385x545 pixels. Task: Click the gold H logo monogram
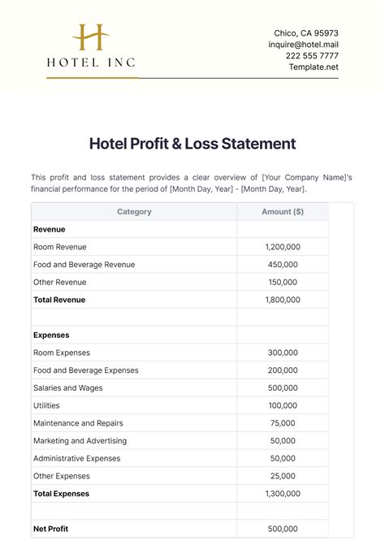click(x=91, y=38)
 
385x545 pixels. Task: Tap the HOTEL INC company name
click(x=91, y=61)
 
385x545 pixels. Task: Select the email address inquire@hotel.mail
click(x=303, y=45)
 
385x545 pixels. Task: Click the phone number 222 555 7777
click(x=312, y=56)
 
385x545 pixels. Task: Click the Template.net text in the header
click(x=314, y=67)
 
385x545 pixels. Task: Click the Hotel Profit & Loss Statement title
click(x=192, y=144)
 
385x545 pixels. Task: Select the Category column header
click(x=134, y=212)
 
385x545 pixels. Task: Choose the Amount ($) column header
click(x=283, y=212)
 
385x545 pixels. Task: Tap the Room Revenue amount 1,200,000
click(x=283, y=247)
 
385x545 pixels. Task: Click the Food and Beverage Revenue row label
click(x=84, y=265)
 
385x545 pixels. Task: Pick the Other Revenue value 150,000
click(x=283, y=282)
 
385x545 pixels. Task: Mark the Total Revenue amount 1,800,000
click(x=283, y=300)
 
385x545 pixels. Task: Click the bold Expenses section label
click(x=51, y=335)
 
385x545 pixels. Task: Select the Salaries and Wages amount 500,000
click(x=283, y=388)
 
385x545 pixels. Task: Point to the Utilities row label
click(x=46, y=405)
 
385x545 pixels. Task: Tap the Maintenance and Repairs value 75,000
click(x=283, y=423)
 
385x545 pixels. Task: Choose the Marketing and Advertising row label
click(x=80, y=441)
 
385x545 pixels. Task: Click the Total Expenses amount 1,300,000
click(x=283, y=494)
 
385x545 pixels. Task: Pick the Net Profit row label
click(x=50, y=529)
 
